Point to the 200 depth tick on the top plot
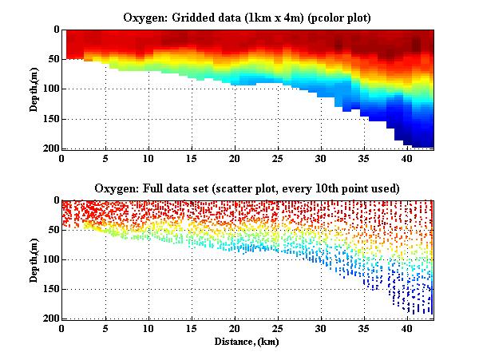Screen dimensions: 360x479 click(x=50, y=148)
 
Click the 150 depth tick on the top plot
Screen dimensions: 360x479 click(x=50, y=119)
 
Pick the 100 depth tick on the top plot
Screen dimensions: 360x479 click(x=50, y=89)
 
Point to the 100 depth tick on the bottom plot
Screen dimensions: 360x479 click(x=50, y=259)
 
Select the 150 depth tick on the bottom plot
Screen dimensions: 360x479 click(x=50, y=289)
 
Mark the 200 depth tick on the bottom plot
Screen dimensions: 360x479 click(x=50, y=318)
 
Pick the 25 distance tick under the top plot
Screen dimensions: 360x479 click(x=277, y=159)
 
